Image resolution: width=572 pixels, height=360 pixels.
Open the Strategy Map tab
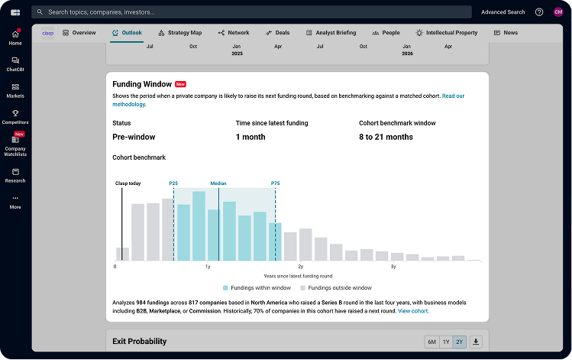click(x=180, y=33)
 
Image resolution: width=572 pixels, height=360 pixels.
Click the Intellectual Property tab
click(x=447, y=33)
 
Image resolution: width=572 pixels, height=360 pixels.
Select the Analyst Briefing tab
click(x=331, y=33)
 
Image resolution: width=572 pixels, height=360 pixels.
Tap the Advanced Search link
click(x=503, y=12)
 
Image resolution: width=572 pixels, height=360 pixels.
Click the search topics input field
click(x=252, y=12)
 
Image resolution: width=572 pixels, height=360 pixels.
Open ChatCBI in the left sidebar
click(x=15, y=64)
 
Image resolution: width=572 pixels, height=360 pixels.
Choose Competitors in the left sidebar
click(x=15, y=117)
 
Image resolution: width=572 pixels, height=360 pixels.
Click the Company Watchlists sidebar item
click(x=15, y=144)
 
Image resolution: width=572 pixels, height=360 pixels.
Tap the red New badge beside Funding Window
click(x=180, y=84)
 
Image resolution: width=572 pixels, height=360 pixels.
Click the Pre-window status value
click(x=134, y=137)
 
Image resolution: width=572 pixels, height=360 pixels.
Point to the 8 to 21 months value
click(x=386, y=137)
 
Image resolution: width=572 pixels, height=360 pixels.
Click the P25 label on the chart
click(x=173, y=183)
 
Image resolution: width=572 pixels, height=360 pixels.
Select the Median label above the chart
click(x=218, y=183)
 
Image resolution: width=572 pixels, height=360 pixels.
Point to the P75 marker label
click(x=275, y=183)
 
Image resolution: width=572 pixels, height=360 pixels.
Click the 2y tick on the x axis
click(x=300, y=267)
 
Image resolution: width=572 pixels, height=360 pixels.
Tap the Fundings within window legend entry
click(x=257, y=288)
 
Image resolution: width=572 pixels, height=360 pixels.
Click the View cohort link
click(x=413, y=311)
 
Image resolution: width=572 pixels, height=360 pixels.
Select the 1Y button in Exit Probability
click(x=446, y=342)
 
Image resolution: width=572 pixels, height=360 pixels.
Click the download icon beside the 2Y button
click(x=477, y=342)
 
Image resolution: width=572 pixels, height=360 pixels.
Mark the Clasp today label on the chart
click(x=128, y=183)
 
